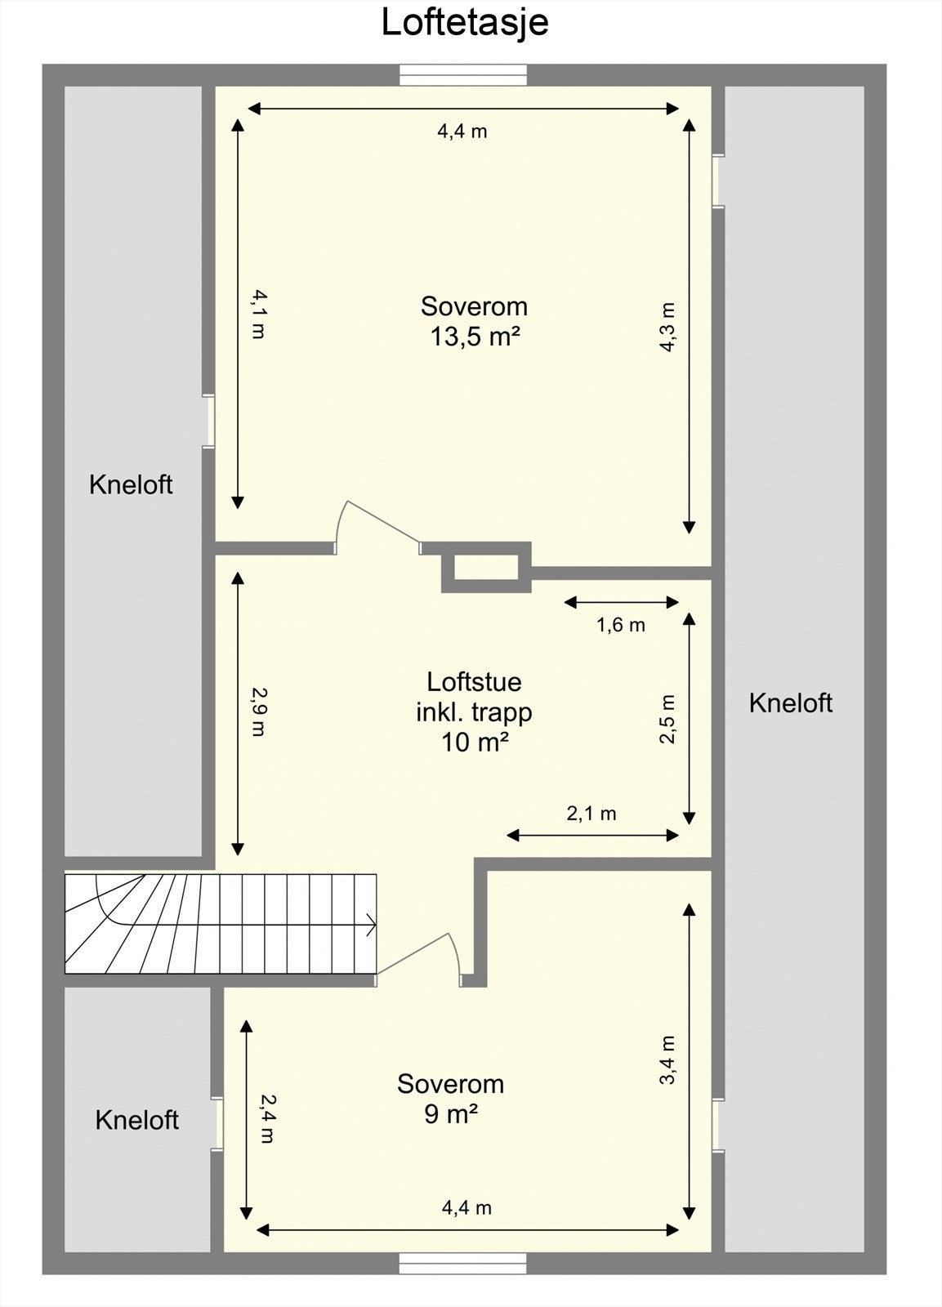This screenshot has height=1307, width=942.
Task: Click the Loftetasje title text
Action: (x=464, y=22)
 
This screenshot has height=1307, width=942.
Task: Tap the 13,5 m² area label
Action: (x=475, y=337)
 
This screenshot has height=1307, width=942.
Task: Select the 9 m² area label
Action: (x=450, y=1114)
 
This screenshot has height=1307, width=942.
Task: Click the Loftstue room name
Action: (x=474, y=681)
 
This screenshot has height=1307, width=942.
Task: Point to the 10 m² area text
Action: (x=475, y=743)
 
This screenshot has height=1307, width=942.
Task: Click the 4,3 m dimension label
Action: (x=668, y=327)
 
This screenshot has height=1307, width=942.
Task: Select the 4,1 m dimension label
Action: (x=257, y=314)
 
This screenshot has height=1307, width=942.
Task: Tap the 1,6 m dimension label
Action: (x=620, y=626)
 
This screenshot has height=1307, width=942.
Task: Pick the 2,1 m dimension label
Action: (x=591, y=814)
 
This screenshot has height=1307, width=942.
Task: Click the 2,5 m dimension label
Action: (x=668, y=719)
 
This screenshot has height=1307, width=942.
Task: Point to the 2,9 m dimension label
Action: (x=257, y=711)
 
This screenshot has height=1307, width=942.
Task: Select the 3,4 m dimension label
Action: (x=668, y=1059)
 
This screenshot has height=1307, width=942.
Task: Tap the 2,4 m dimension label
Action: (x=266, y=1119)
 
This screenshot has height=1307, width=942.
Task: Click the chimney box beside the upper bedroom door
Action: (x=486, y=567)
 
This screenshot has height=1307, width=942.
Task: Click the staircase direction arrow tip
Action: (x=373, y=926)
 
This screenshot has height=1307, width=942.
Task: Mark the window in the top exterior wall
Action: (x=463, y=75)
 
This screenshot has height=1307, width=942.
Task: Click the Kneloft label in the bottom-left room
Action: (x=136, y=1120)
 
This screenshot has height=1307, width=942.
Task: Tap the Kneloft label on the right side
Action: (x=790, y=703)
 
